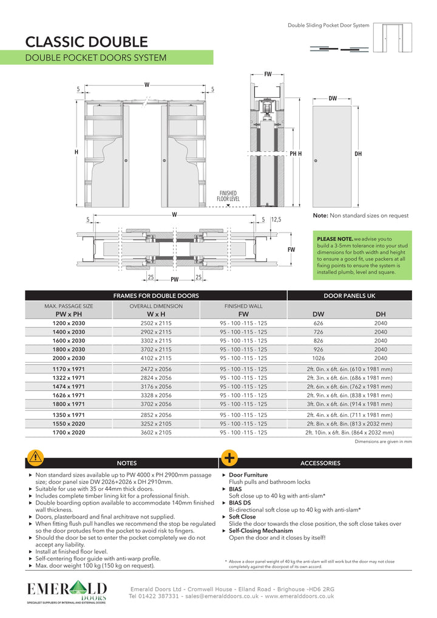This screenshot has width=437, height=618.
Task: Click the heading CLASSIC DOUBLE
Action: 86,42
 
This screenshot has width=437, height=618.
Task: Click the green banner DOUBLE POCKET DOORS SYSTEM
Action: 95,58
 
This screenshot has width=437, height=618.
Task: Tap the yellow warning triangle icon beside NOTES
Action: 35,457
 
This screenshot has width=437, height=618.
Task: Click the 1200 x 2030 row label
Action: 69,323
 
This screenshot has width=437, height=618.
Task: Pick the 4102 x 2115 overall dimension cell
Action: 156,358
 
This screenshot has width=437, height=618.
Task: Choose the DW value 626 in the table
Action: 318,323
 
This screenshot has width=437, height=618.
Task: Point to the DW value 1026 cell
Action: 318,358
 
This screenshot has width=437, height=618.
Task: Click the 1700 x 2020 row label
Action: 69,433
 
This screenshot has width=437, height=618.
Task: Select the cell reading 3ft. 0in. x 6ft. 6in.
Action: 350,404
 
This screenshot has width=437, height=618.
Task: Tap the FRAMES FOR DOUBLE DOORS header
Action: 156,296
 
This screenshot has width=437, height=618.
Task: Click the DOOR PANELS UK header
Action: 350,296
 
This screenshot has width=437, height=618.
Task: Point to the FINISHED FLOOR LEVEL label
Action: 228,195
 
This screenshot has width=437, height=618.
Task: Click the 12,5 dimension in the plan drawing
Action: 276,220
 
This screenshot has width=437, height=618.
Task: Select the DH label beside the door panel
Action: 358,154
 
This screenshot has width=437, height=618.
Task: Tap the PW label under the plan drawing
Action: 175,280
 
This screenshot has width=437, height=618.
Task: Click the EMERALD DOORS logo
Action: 67,593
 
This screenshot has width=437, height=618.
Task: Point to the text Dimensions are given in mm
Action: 383,443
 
